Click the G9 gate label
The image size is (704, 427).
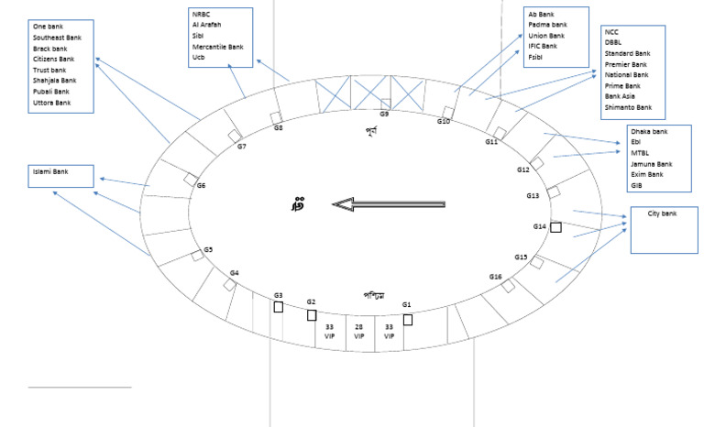pyautogui.click(x=384, y=115)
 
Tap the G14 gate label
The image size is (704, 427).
pyautogui.click(x=540, y=226)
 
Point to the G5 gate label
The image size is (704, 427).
pyautogui.click(x=208, y=250)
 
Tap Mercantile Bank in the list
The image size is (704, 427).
pyautogui.click(x=217, y=46)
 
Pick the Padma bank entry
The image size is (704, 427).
pyautogui.click(x=548, y=25)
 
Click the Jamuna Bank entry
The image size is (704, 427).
pyautogui.click(x=652, y=164)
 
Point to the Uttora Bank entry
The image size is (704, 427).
pyautogui.click(x=51, y=103)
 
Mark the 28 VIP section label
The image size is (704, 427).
pyautogui.click(x=359, y=331)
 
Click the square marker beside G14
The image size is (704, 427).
pyautogui.click(x=555, y=226)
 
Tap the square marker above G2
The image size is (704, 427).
pyautogui.click(x=312, y=315)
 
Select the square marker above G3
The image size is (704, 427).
pyautogui.click(x=278, y=307)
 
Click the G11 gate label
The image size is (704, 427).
pyautogui.click(x=491, y=142)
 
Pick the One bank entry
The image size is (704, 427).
pyautogui.click(x=47, y=27)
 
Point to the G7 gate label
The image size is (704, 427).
pyautogui.click(x=241, y=147)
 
